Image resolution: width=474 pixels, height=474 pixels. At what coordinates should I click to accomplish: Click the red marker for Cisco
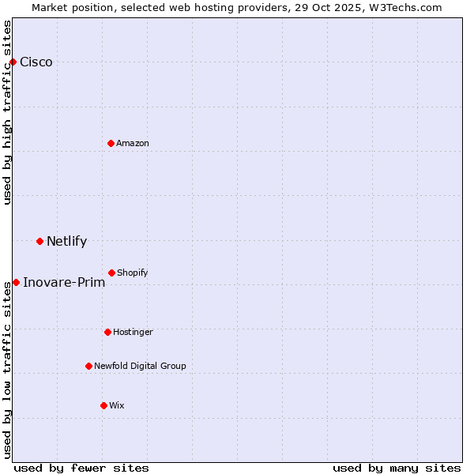click(x=13, y=62)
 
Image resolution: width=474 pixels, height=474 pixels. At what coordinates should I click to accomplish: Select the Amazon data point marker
click(x=111, y=143)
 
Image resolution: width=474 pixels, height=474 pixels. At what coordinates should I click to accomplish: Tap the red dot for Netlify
click(x=39, y=241)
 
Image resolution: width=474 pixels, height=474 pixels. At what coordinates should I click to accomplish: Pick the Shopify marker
click(x=111, y=273)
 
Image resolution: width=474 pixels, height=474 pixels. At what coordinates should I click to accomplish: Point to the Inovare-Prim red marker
click(x=16, y=282)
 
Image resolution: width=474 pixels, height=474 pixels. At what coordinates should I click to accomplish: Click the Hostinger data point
click(x=107, y=332)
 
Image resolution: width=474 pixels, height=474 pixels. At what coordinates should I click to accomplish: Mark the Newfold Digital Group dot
click(x=88, y=366)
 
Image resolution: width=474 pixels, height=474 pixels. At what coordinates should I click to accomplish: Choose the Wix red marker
click(x=103, y=405)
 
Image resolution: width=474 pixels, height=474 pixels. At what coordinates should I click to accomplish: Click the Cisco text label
click(x=36, y=62)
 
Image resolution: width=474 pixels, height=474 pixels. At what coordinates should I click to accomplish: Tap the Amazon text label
click(x=133, y=143)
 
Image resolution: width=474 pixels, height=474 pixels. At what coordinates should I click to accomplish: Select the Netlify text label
click(x=66, y=242)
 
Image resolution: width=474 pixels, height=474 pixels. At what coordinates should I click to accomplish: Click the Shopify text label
click(x=133, y=273)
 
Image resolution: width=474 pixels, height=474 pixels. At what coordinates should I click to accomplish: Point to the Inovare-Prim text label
click(x=64, y=283)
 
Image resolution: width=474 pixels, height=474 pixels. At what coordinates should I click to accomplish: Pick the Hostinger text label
click(x=133, y=332)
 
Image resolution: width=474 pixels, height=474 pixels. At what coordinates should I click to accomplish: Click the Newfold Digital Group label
click(x=140, y=366)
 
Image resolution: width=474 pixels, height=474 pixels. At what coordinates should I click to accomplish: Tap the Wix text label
click(x=117, y=405)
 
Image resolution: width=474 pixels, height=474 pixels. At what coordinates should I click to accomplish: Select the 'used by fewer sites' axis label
click(x=81, y=468)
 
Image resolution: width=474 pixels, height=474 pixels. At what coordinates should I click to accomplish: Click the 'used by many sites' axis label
click(x=397, y=468)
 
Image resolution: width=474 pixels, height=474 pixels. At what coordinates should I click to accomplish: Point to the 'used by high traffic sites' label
click(x=8, y=112)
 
